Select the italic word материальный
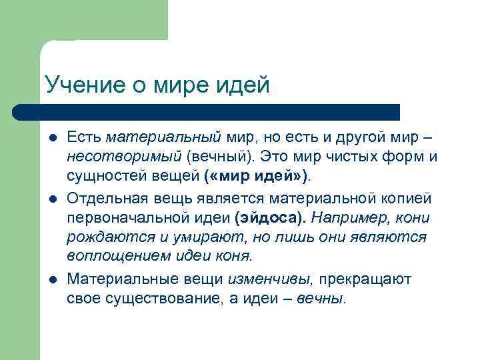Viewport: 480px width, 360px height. point(163,137)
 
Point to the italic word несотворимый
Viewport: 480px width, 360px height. point(124,157)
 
